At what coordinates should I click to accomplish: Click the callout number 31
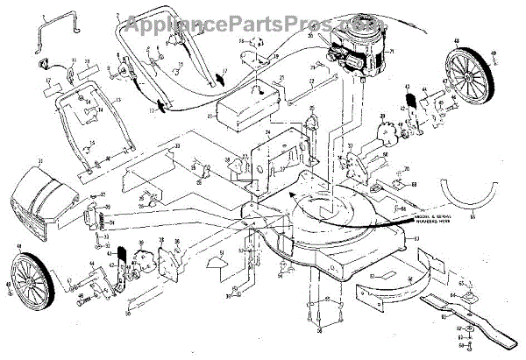pyautogui.click(x=39, y=163)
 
